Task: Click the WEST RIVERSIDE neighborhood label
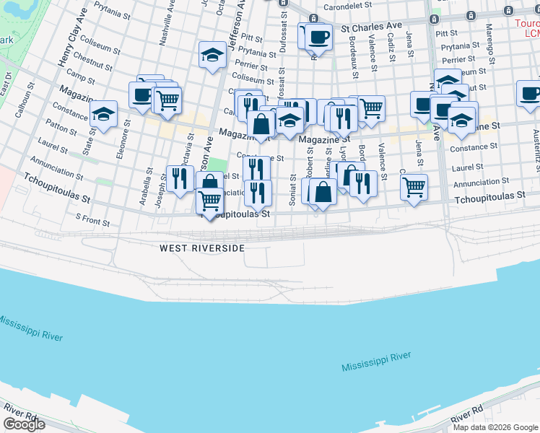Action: pos(202,248)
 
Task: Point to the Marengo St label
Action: pos(489,42)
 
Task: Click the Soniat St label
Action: pos(293,189)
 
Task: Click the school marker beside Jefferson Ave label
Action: pos(212,55)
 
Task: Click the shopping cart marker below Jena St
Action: pos(414,187)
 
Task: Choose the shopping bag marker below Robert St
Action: pos(323,191)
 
